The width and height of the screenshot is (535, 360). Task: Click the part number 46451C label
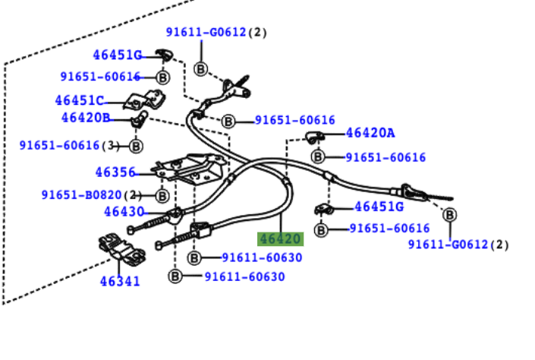click(x=79, y=100)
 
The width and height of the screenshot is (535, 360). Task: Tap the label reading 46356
click(x=115, y=172)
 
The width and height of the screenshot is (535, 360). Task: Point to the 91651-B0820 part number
click(x=82, y=195)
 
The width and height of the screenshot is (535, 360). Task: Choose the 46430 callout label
click(x=124, y=212)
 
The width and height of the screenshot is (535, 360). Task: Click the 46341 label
click(x=119, y=282)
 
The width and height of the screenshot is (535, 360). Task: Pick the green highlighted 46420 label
click(x=280, y=239)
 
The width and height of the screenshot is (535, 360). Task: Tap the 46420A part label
click(x=370, y=133)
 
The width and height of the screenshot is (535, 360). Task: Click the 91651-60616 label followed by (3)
click(x=59, y=145)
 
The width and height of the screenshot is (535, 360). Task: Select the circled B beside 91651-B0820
click(x=162, y=195)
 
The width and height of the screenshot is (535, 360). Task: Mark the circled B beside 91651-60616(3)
click(x=136, y=146)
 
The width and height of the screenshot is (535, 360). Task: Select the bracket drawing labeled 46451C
click(x=145, y=99)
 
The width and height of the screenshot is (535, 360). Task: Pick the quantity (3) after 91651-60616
click(x=111, y=145)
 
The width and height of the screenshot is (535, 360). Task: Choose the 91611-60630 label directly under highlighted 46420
click(x=262, y=257)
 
